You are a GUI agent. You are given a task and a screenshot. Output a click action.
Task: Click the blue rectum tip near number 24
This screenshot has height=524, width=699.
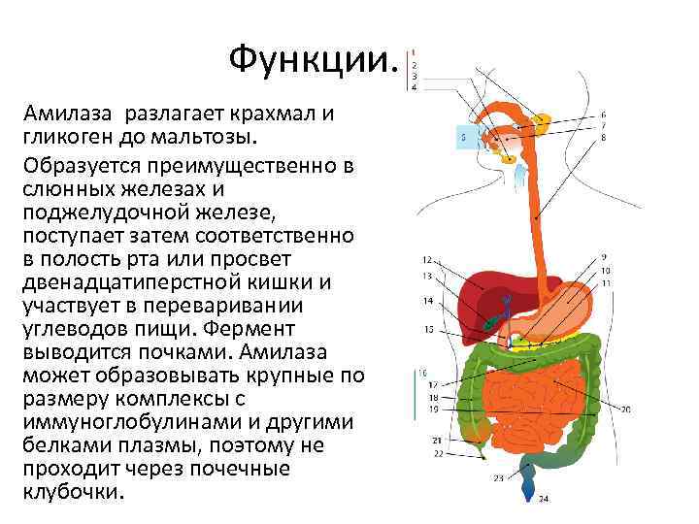(x=531, y=481)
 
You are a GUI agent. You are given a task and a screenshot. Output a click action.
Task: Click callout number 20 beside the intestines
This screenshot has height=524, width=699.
(x=625, y=409)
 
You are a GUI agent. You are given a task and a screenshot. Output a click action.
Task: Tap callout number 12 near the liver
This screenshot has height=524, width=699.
(x=427, y=260)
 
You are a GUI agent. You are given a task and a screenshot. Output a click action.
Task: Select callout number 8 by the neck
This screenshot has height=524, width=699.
(x=604, y=137)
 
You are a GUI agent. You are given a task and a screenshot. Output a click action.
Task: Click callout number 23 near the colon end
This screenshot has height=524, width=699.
(x=498, y=477)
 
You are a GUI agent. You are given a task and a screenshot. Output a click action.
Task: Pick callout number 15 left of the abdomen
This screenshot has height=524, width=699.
(x=428, y=330)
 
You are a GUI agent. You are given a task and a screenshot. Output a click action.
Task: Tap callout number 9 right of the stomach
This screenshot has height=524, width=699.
(x=604, y=258)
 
